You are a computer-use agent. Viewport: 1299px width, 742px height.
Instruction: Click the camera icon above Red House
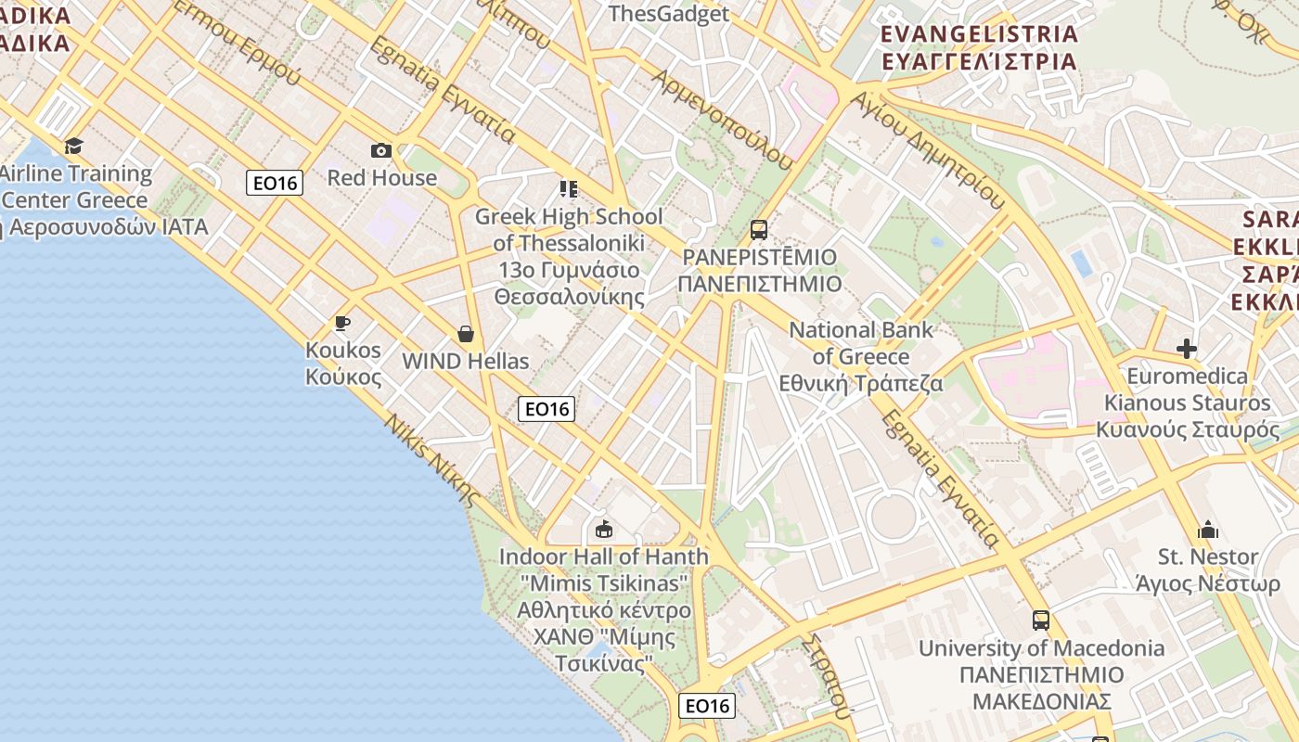[x=381, y=150]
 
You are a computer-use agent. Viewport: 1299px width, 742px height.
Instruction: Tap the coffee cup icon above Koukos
[x=342, y=323]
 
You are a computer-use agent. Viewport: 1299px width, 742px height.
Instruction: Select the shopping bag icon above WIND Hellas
[x=466, y=334]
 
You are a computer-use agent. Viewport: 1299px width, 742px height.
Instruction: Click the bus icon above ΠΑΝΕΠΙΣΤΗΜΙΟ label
[x=759, y=229]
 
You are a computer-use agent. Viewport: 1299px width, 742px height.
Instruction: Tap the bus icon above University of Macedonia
[x=1041, y=620]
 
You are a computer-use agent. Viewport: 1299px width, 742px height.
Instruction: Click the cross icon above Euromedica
[x=1186, y=349]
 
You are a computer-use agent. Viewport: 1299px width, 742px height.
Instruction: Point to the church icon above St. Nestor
[x=1208, y=530]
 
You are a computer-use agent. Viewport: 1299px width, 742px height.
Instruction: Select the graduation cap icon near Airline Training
[x=73, y=146]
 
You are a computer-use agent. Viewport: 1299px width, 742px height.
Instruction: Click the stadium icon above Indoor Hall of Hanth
[x=604, y=529]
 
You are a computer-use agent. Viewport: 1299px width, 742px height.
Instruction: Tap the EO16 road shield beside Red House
[x=276, y=183]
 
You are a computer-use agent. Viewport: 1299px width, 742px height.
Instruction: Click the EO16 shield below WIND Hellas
[x=547, y=408]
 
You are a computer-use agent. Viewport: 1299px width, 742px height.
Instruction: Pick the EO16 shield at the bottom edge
[x=708, y=706]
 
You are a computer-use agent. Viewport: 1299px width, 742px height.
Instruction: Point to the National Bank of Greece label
[x=861, y=356]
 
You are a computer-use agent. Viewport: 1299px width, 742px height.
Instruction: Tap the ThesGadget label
[x=668, y=13]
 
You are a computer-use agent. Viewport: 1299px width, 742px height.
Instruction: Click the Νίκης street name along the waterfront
[x=433, y=460]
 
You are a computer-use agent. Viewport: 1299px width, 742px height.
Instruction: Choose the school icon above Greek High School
[x=569, y=190]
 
